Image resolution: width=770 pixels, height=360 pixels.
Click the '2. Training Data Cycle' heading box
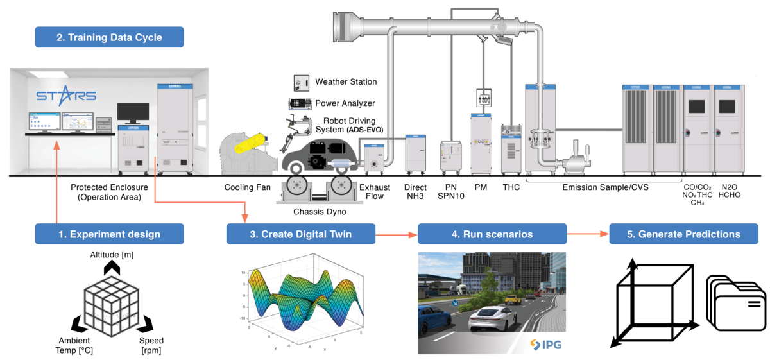tap(109, 37)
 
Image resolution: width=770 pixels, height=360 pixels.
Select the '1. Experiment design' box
tap(109, 234)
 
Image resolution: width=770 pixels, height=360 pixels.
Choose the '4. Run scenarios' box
tap(492, 234)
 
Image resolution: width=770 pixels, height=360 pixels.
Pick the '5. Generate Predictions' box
tap(683, 234)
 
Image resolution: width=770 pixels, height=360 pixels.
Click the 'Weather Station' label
tap(346, 82)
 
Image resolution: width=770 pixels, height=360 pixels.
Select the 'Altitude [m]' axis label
tap(112, 255)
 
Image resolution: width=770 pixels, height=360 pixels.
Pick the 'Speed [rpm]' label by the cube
tap(151, 345)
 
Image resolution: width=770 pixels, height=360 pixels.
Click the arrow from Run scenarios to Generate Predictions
tap(587, 234)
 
